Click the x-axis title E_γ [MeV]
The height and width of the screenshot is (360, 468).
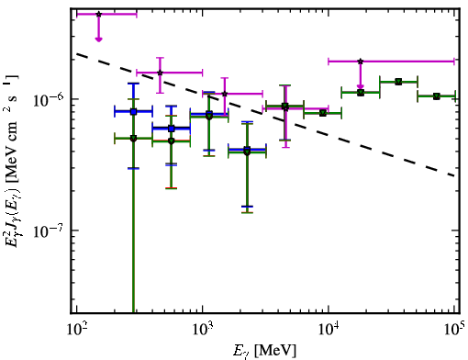pyautogui.click(x=264, y=351)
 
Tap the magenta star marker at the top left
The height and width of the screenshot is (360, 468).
pyautogui.click(x=98, y=14)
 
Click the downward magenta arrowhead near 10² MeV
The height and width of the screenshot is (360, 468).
pyautogui.click(x=98, y=39)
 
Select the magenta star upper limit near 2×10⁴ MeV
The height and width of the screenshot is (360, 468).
pyautogui.click(x=361, y=62)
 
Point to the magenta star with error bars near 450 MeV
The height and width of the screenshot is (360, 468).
pyautogui.click(x=160, y=73)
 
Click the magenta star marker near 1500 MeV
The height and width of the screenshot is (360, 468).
pyautogui.click(x=225, y=94)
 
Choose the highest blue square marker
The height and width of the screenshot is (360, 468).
pyautogui.click(x=133, y=111)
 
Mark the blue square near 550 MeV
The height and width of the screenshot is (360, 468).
pyautogui.click(x=172, y=129)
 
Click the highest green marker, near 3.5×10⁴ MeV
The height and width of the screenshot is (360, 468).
pyautogui.click(x=398, y=82)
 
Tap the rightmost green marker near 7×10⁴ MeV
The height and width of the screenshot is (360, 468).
pyautogui.click(x=437, y=96)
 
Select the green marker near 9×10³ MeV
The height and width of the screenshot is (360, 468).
pyautogui.click(x=323, y=113)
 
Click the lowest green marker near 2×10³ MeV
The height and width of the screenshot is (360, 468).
pyautogui.click(x=247, y=152)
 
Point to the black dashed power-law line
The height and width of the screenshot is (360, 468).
pyautogui.click(x=265, y=115)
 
